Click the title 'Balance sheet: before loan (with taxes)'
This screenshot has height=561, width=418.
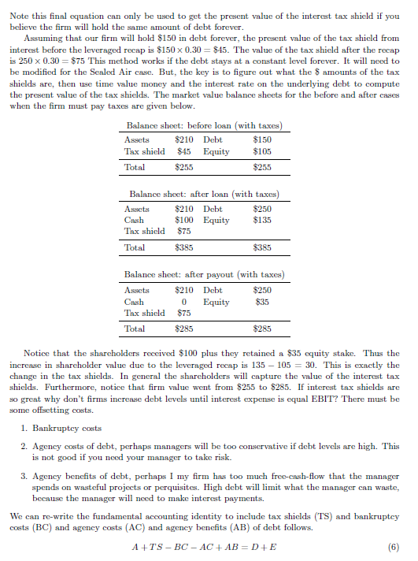tap(204, 126)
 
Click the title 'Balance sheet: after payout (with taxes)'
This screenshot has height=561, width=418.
tap(205, 274)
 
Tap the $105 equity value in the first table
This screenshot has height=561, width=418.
tap(262, 151)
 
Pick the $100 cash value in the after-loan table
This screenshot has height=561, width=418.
tap(183, 220)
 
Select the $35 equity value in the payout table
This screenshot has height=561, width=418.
tap(262, 302)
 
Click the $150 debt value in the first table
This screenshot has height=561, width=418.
tap(262, 140)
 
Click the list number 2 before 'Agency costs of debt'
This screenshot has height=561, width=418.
tap(24, 445)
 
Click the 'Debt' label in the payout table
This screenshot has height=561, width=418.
tap(213, 291)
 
